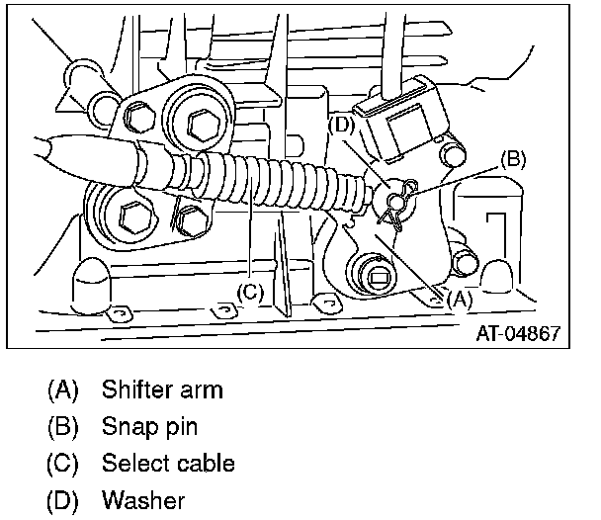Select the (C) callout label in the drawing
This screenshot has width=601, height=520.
pos(251,292)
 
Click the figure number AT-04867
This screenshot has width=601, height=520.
pos(518,333)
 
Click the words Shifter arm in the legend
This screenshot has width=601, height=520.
pos(162,389)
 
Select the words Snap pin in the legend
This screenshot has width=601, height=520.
pos(149,426)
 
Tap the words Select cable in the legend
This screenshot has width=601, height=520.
pos(167,463)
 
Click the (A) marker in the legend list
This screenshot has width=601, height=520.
pos(62,389)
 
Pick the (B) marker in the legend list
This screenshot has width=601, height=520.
pos(62,426)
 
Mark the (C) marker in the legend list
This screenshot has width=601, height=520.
pos(62,463)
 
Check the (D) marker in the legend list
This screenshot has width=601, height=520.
pos(62,500)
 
